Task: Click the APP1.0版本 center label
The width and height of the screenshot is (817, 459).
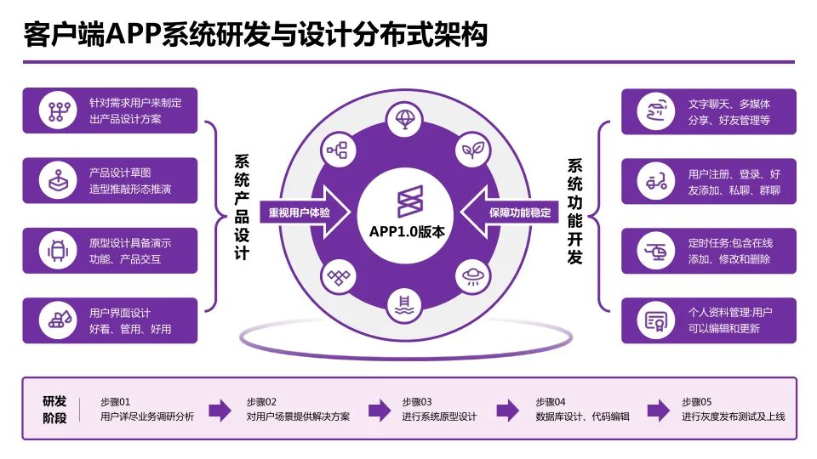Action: [407, 231]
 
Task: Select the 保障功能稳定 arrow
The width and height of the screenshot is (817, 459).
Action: [516, 212]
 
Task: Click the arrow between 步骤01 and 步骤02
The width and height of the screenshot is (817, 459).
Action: [220, 411]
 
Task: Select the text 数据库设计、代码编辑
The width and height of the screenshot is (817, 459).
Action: [582, 416]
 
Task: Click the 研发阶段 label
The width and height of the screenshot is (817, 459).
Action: [54, 409]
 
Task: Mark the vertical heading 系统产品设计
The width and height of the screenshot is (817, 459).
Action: [242, 207]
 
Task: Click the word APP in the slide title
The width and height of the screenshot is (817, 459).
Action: [135, 36]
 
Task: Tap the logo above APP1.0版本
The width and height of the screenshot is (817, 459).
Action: [407, 201]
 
